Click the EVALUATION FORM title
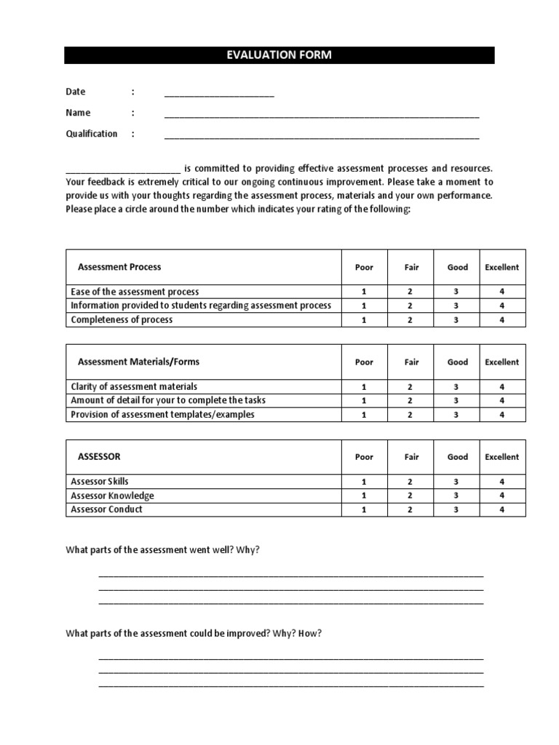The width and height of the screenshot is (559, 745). [279, 55]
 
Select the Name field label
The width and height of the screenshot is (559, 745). [78, 113]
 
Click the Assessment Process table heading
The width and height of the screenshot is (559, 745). [119, 267]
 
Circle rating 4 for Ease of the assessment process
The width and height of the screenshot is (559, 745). [501, 292]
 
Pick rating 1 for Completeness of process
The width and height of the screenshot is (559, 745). [364, 320]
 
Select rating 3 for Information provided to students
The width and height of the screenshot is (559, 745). [457, 306]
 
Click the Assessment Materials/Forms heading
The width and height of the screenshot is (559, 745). [138, 362]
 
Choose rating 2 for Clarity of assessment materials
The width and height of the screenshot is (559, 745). [411, 387]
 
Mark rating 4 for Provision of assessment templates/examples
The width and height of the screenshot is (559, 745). [501, 415]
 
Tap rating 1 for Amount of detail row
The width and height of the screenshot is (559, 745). [364, 401]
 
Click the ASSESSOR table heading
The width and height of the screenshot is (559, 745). [99, 457]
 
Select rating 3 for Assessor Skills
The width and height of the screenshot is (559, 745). [457, 482]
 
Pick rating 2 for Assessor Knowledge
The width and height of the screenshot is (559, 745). [411, 495]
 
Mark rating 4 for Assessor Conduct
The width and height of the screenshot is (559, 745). [501, 509]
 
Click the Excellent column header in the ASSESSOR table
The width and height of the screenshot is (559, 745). [501, 457]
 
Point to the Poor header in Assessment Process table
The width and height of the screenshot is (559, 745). [364, 267]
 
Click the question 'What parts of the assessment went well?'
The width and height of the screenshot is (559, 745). [162, 550]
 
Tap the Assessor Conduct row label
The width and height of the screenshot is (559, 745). [106, 509]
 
